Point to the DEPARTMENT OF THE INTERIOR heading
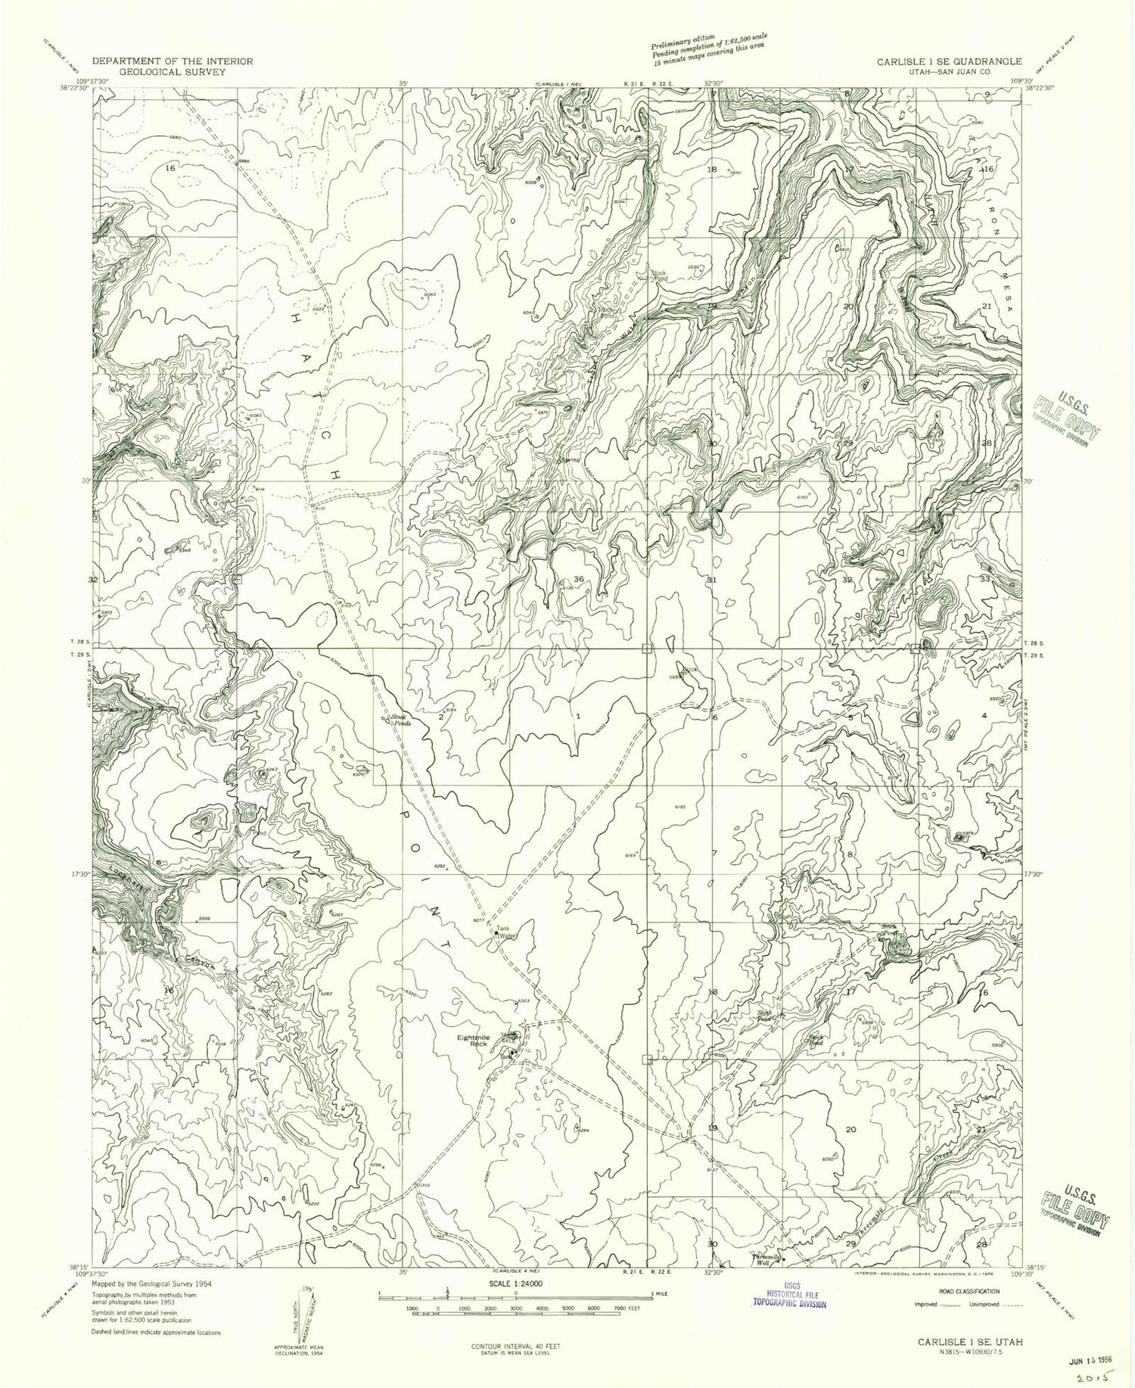click(172, 61)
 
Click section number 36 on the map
click(578, 579)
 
